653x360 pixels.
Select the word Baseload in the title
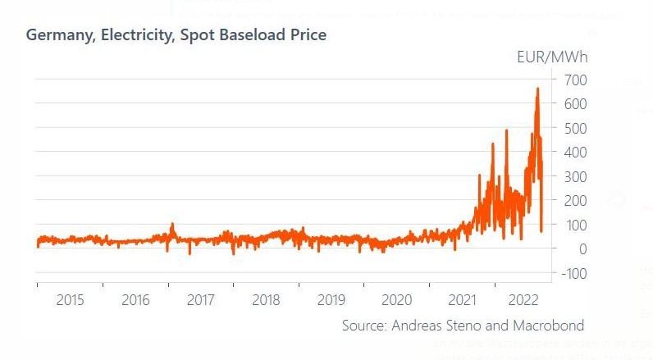tap(250, 35)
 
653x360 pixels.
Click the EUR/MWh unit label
tap(552, 57)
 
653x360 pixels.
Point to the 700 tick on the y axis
tap(575, 80)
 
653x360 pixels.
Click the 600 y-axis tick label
tap(575, 104)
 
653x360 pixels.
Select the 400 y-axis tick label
tap(575, 153)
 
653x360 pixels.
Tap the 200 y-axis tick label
tap(575, 201)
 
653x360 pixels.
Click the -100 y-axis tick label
tap(573, 273)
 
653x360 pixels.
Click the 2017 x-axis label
tap(200, 300)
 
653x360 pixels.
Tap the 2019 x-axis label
tap(331, 300)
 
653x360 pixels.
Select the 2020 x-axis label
tap(397, 300)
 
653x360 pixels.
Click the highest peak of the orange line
tap(537, 89)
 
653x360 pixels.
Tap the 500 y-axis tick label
tap(575, 128)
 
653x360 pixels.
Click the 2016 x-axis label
tap(135, 300)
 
